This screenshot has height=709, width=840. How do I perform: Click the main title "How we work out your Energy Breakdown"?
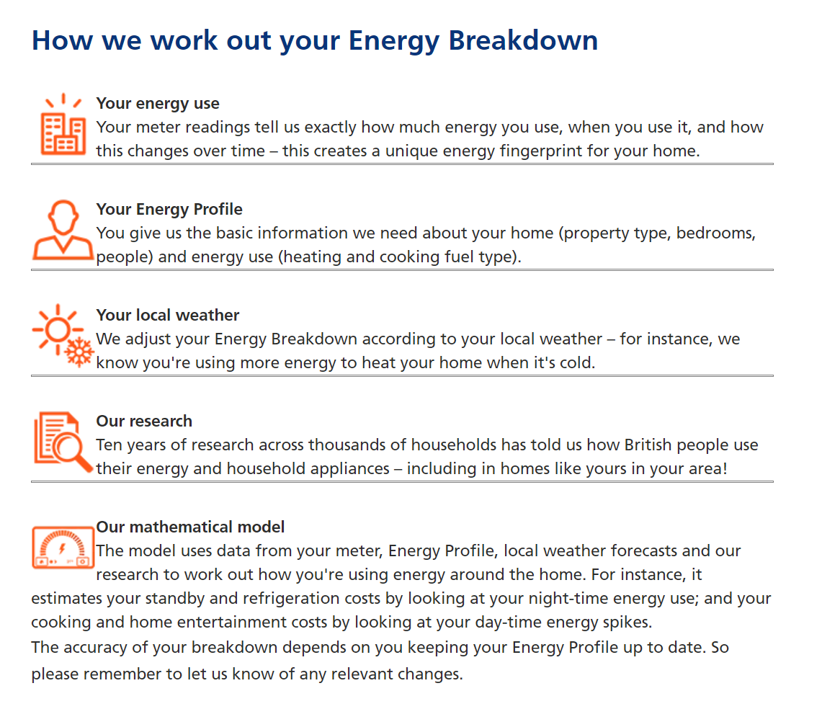[x=315, y=41]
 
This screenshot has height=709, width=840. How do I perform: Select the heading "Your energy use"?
[x=158, y=104]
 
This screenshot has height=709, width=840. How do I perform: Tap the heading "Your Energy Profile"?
[x=169, y=210]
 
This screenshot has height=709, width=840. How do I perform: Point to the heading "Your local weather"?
[x=168, y=315]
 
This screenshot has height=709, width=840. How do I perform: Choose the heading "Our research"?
[x=144, y=422]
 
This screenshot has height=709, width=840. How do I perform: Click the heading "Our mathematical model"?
[x=190, y=527]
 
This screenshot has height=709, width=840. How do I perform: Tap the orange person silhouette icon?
[x=63, y=231]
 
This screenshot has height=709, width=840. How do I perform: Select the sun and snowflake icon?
[x=63, y=336]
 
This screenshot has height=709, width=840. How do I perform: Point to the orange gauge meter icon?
[x=63, y=547]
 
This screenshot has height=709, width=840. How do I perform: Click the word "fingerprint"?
[x=541, y=151]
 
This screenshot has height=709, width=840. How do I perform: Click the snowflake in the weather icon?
[x=79, y=352]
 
